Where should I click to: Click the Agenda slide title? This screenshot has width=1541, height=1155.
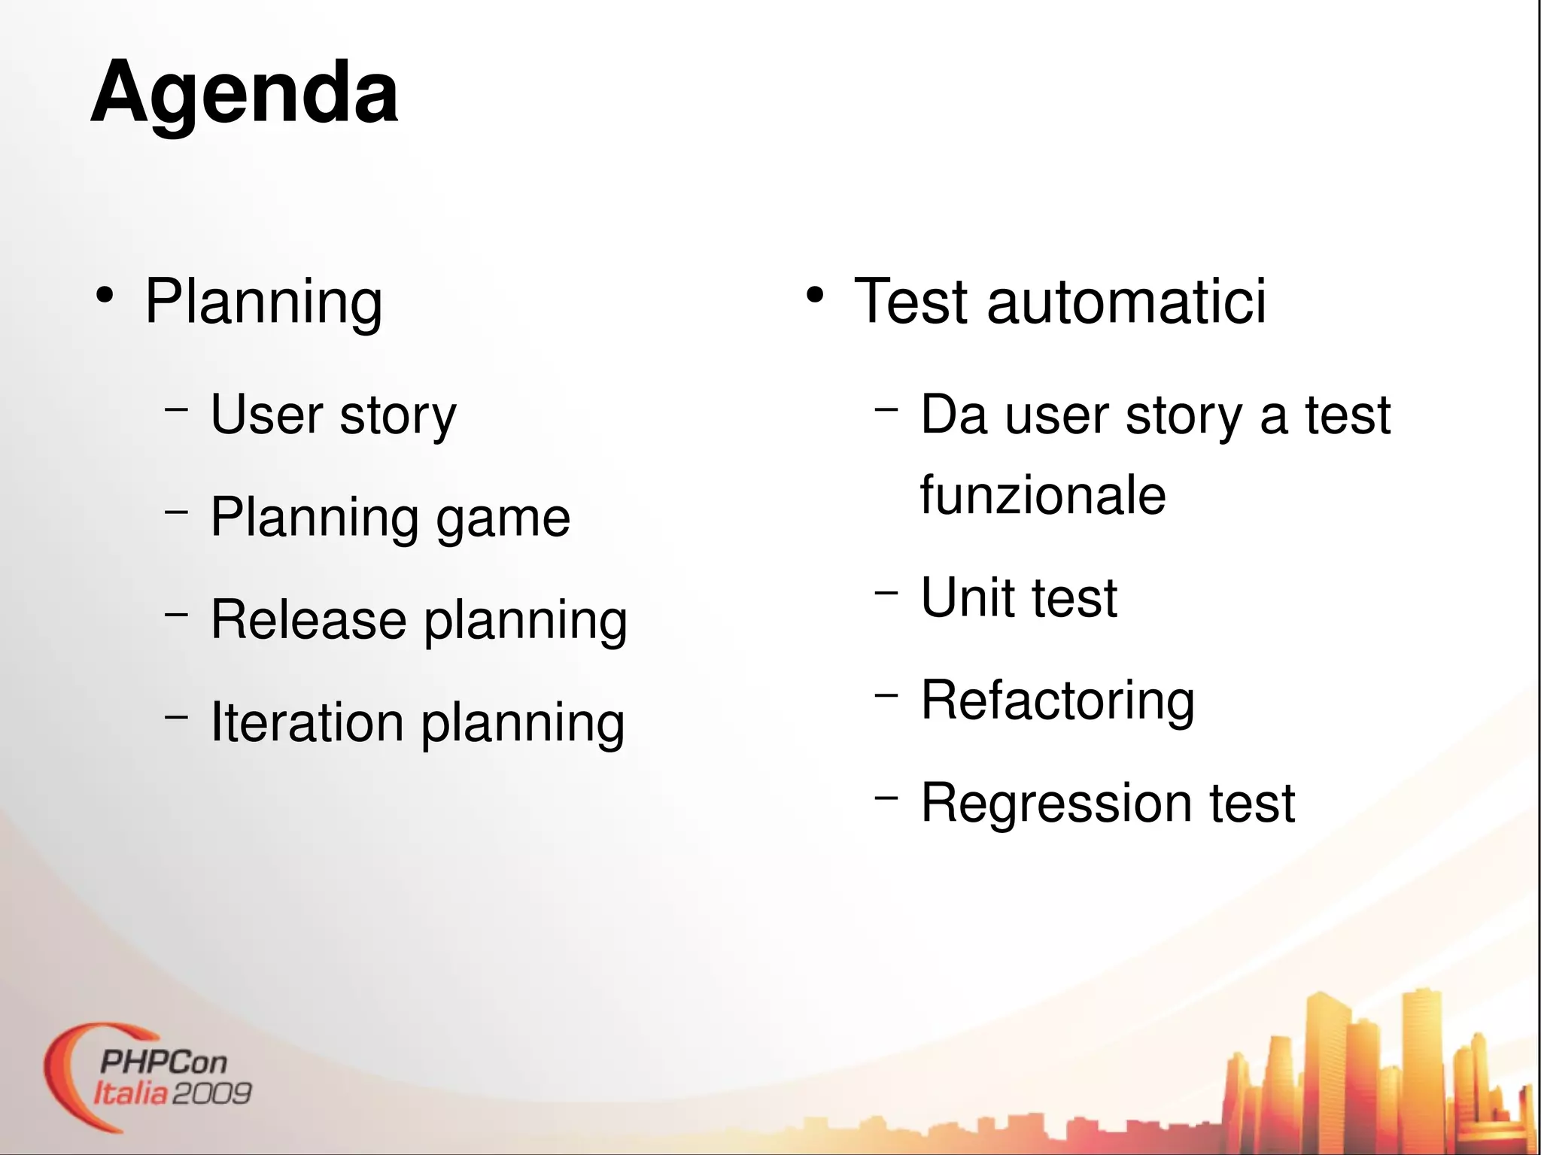[x=245, y=94]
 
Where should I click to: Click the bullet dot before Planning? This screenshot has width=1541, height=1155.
[x=105, y=296]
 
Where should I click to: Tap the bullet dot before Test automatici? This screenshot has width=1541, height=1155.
[x=814, y=296]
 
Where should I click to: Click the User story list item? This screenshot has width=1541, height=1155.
[x=333, y=415]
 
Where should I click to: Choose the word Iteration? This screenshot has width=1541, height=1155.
[x=307, y=722]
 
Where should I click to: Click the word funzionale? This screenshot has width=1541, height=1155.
[x=1043, y=495]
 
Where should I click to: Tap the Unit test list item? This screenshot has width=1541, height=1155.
[x=1019, y=598]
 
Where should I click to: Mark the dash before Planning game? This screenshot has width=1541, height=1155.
[x=176, y=512]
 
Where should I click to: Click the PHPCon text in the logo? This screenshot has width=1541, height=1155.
[x=163, y=1062]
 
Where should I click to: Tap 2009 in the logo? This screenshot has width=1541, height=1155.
[x=212, y=1093]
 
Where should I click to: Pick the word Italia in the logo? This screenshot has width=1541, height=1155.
[x=131, y=1093]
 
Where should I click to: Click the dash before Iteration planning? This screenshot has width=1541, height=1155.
[x=176, y=717]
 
